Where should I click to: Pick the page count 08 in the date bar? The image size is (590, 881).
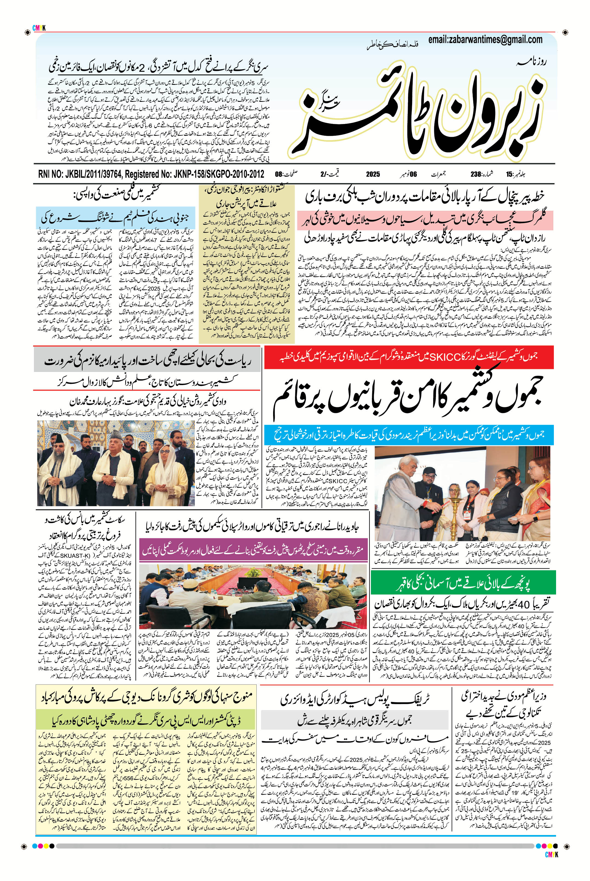coord(279,174)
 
